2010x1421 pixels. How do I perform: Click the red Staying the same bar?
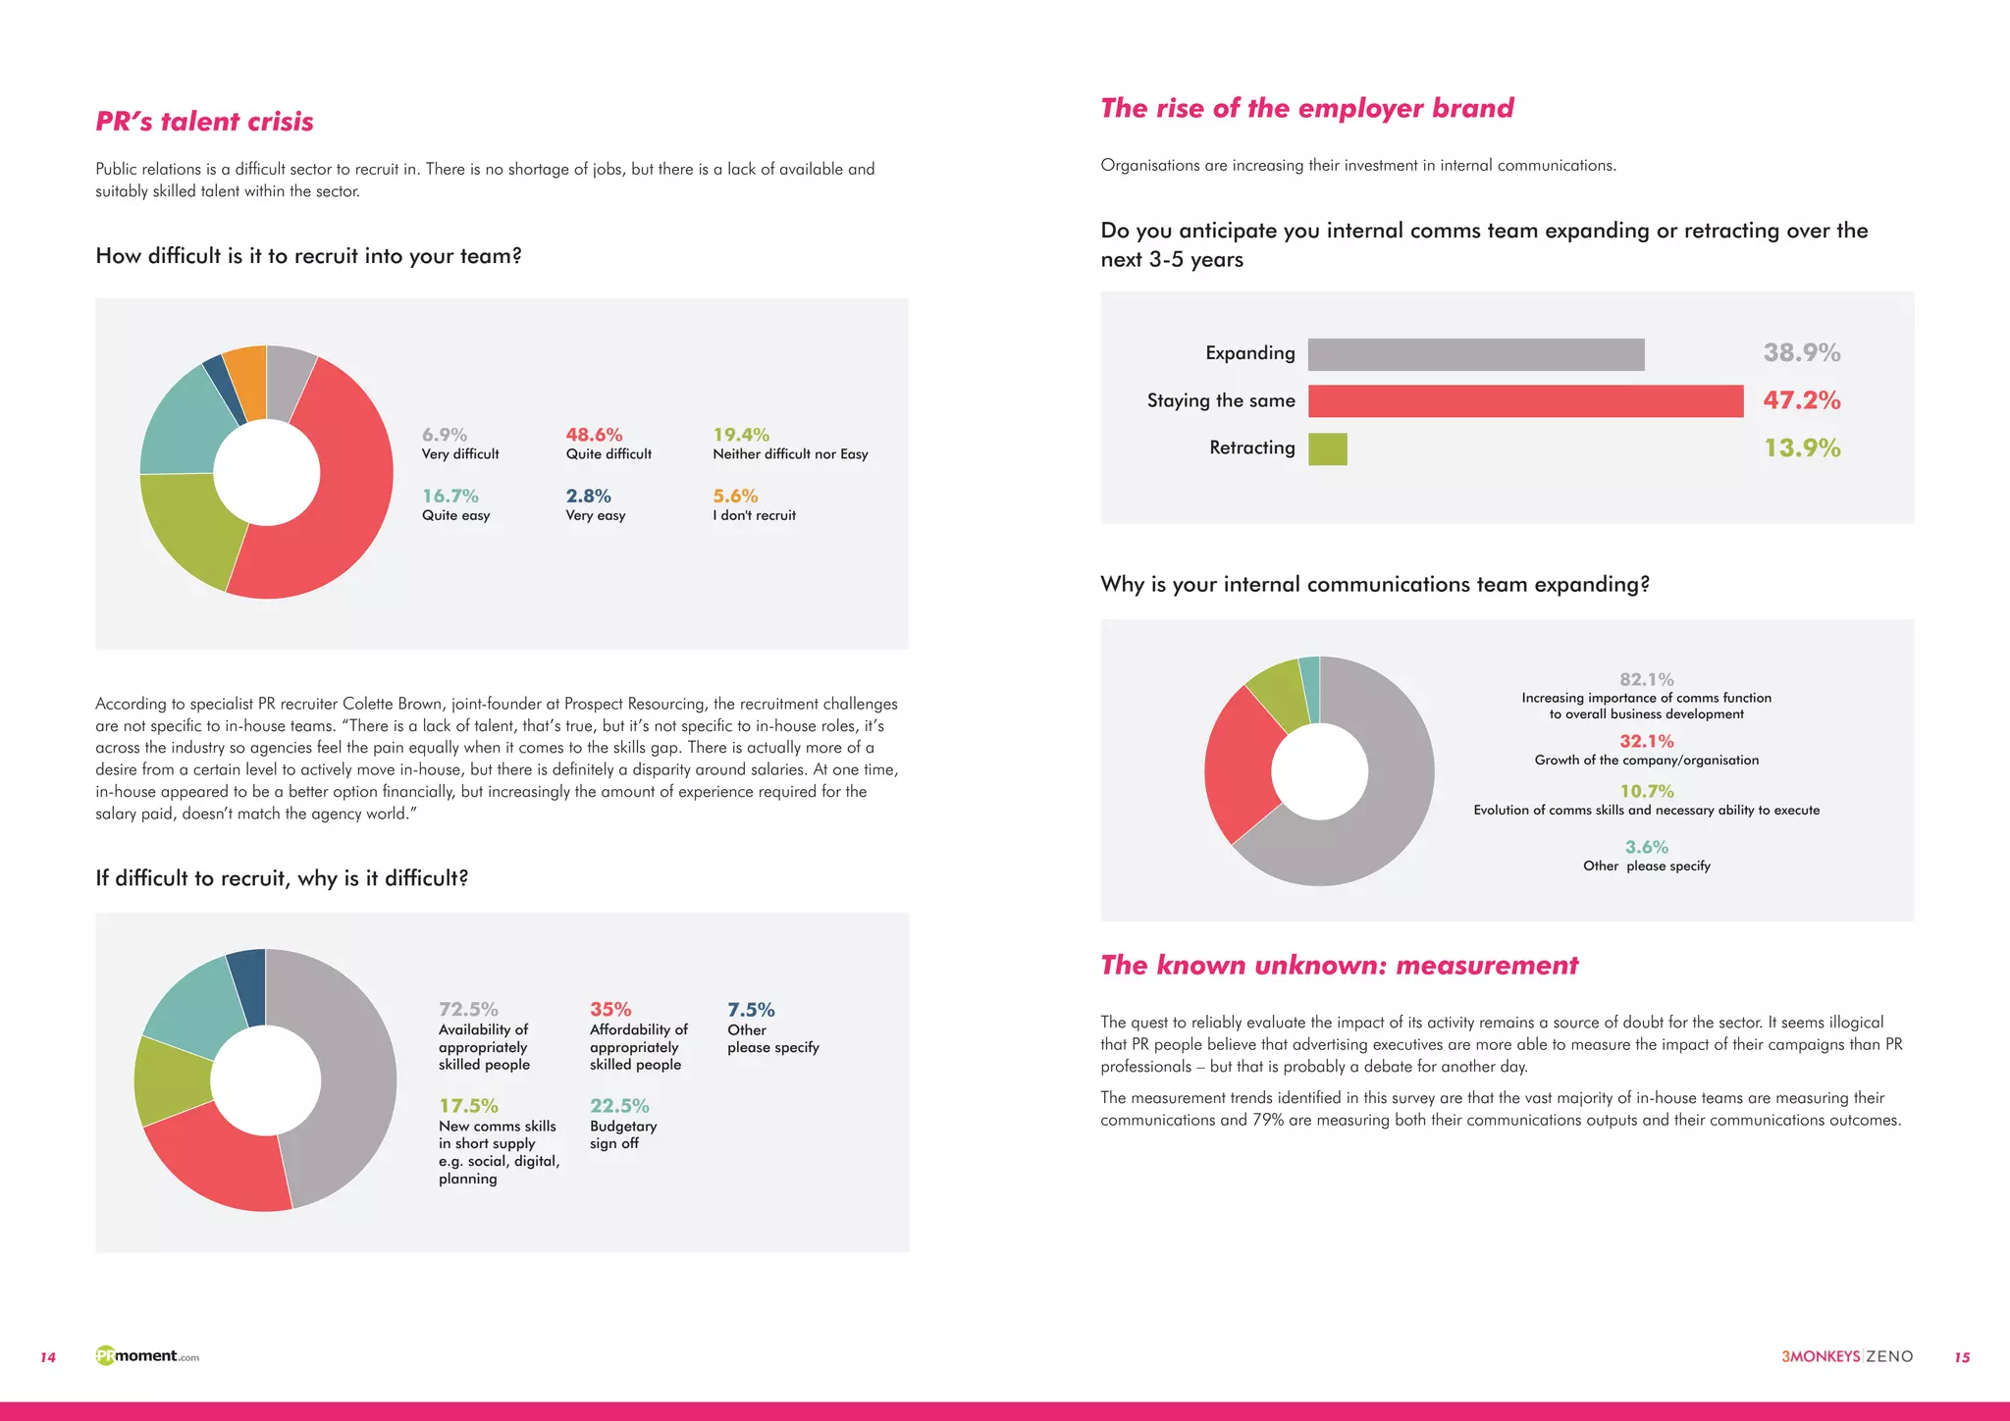[x=1525, y=400]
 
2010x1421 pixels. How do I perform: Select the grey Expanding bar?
[x=1476, y=354]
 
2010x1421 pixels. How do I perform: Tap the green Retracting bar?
[x=1327, y=448]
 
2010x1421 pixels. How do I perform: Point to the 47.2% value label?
[x=1801, y=400]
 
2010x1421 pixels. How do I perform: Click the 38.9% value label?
[x=1801, y=352]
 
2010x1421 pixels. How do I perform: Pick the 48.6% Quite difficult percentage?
[x=594, y=435]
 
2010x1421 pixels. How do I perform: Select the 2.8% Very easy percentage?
[x=588, y=497]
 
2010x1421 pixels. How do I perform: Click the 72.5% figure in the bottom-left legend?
[x=468, y=1010]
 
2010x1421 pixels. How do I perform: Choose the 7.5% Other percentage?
[x=751, y=1010]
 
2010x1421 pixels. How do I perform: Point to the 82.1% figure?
[x=1646, y=679]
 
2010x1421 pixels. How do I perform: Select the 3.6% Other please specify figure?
[x=1646, y=847]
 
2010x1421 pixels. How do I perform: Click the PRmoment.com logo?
[x=147, y=1356]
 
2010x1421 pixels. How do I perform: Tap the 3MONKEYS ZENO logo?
[x=1846, y=1356]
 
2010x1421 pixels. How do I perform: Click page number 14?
[x=48, y=1357]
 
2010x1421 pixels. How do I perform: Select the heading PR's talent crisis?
[x=204, y=122]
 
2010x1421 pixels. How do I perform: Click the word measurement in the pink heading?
[x=1486, y=966]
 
